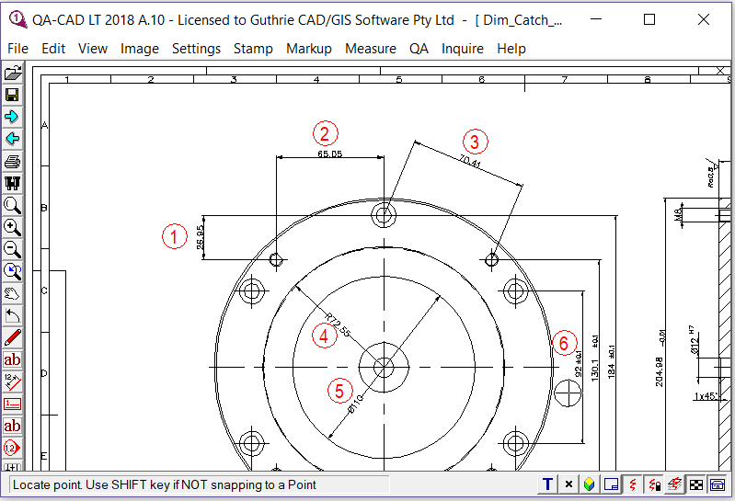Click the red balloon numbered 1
[175, 236]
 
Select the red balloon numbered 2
[324, 133]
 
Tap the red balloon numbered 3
[475, 142]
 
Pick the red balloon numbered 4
[323, 336]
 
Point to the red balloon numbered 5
[339, 391]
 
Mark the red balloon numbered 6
[564, 343]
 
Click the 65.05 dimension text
[329, 154]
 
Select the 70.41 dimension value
[470, 164]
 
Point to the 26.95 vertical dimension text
[201, 238]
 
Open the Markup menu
[308, 49]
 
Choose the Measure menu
[370, 49]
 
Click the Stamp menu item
[253, 49]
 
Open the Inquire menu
[463, 49]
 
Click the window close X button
[703, 19]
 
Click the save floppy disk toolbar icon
[13, 95]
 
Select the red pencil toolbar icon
[13, 337]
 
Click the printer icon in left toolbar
[13, 161]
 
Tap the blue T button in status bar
[547, 484]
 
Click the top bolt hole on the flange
[384, 215]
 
